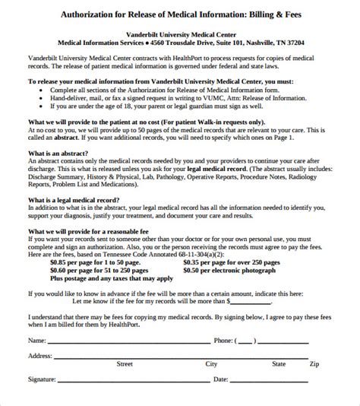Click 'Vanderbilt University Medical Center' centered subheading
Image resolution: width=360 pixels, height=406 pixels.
pos(180,33)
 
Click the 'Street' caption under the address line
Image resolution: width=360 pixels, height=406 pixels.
pos(125,364)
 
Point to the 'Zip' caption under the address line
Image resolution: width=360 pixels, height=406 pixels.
pos(314,364)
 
